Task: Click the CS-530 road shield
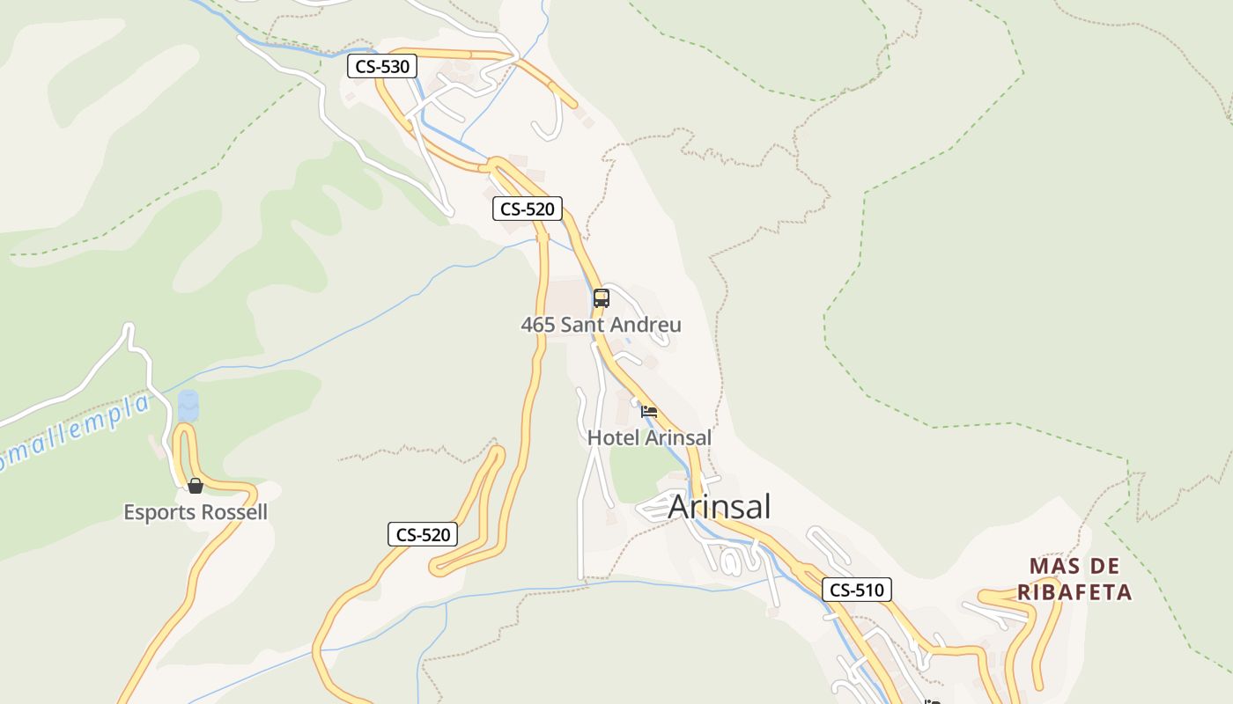(381, 66)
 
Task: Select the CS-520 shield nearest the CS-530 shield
(527, 209)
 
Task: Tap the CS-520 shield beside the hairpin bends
(423, 534)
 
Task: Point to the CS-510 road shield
(857, 590)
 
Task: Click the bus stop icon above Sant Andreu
(602, 298)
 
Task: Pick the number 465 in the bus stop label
(537, 325)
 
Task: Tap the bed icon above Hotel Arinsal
(649, 411)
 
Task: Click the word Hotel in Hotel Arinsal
(613, 437)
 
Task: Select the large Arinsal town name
(720, 507)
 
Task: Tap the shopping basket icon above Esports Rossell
(196, 486)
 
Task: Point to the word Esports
(160, 512)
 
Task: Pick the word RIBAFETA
(1074, 592)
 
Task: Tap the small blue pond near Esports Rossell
(188, 406)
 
